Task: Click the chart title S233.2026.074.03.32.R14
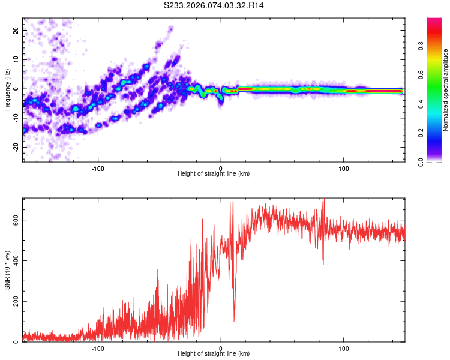[x=214, y=5]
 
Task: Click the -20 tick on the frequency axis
[x=16, y=147]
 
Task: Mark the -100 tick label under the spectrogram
[x=98, y=167]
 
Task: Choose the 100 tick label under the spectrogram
[x=344, y=167]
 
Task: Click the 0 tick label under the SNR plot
[x=221, y=349]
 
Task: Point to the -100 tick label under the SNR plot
[x=98, y=349]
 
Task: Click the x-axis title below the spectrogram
[x=214, y=174]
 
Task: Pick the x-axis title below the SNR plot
[x=214, y=355]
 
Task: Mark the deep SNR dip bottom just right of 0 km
[x=234, y=321]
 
